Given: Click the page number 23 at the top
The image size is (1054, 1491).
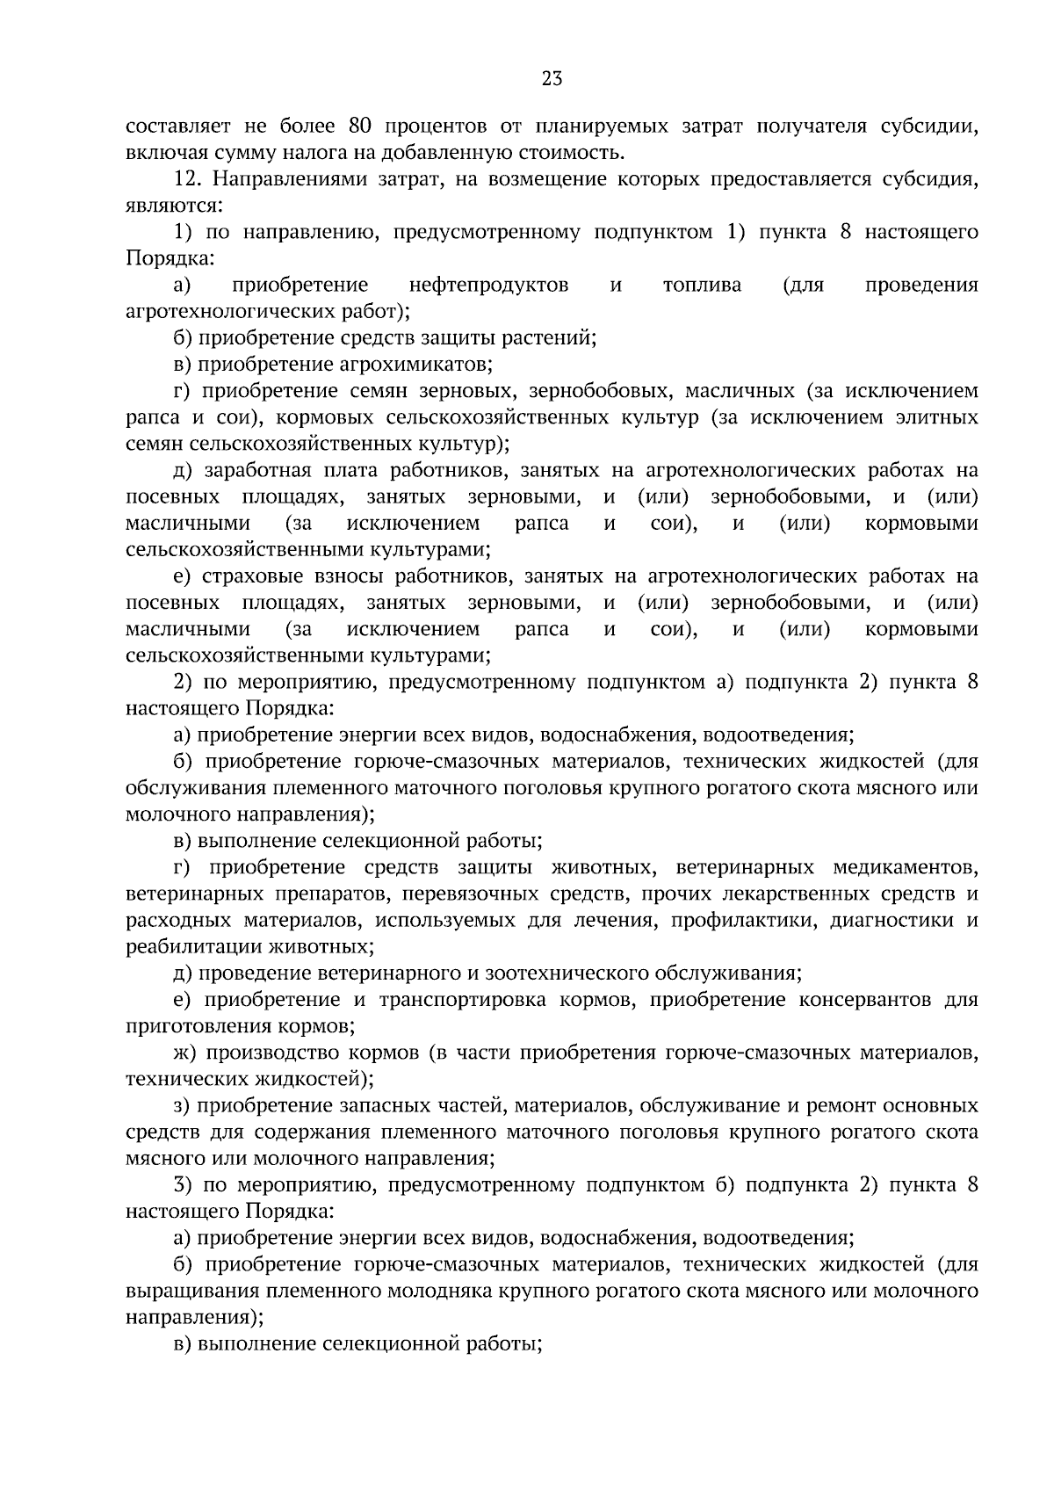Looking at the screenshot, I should [552, 79].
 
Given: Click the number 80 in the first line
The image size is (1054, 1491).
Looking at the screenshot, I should [361, 126].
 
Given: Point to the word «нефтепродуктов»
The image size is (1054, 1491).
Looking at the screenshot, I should [488, 285].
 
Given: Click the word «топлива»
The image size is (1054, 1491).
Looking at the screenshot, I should [702, 285].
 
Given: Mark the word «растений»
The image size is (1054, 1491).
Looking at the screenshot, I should [552, 337].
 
